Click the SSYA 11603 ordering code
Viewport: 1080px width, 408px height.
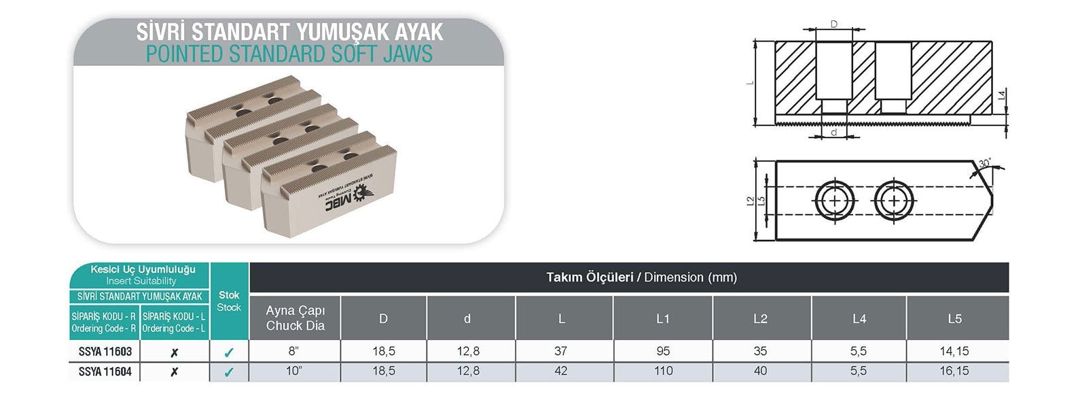click(105, 352)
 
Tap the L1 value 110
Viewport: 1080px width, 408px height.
click(663, 371)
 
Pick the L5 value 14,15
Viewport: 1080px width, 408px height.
click(954, 352)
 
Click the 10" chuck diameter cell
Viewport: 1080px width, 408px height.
click(295, 371)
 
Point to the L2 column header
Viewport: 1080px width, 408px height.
click(760, 318)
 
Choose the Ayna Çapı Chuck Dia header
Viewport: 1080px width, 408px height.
click(295, 318)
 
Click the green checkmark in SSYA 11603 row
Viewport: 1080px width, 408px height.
click(229, 352)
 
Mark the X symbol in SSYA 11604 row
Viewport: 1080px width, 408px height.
click(175, 372)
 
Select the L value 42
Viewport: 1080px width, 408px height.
click(561, 371)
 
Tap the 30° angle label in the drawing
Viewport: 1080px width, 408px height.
click(984, 164)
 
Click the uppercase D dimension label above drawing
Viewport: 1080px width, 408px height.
click(834, 24)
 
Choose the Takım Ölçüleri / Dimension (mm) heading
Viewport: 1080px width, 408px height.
click(641, 277)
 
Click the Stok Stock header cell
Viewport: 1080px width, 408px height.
click(229, 301)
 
